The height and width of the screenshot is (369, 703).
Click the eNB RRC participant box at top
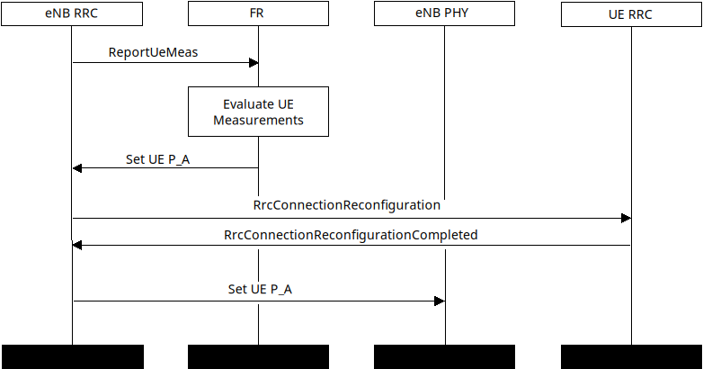tap(72, 14)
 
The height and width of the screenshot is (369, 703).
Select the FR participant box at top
tap(258, 14)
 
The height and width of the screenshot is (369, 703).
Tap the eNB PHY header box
tap(444, 14)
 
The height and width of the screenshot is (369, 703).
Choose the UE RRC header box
tap(631, 14)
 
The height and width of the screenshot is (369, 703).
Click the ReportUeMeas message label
tap(153, 52)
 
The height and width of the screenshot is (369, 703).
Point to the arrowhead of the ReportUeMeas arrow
tap(254, 62)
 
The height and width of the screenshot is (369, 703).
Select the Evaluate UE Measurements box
tap(258, 112)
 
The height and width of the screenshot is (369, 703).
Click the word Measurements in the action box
tap(258, 120)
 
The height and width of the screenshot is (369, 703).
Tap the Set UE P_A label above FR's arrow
tap(157, 159)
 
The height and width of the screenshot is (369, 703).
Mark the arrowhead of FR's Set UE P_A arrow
tap(77, 168)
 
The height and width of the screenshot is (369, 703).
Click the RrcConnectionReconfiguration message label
tap(347, 205)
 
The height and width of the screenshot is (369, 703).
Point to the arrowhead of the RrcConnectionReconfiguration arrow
tap(626, 218)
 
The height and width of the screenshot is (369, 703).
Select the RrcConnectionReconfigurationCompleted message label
tap(351, 235)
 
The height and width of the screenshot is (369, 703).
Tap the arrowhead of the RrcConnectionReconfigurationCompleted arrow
tap(77, 245)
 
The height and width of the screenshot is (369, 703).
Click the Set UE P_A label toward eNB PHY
tap(260, 290)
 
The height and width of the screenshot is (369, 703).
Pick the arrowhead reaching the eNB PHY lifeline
tap(440, 301)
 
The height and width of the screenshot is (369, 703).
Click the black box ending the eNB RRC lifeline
tap(72, 356)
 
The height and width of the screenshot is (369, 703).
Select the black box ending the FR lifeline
tap(258, 356)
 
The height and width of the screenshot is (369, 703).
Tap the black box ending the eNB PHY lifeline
tap(444, 356)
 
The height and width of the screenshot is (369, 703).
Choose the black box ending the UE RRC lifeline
tap(631, 356)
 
